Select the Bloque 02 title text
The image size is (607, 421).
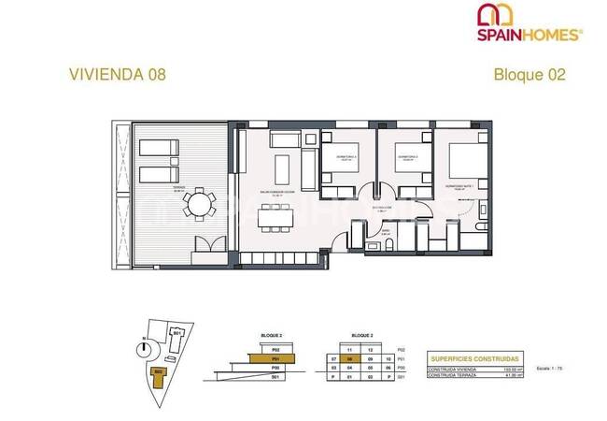tap(529, 75)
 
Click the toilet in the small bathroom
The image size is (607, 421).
tap(388, 245)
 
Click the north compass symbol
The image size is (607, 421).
tap(142, 348)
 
